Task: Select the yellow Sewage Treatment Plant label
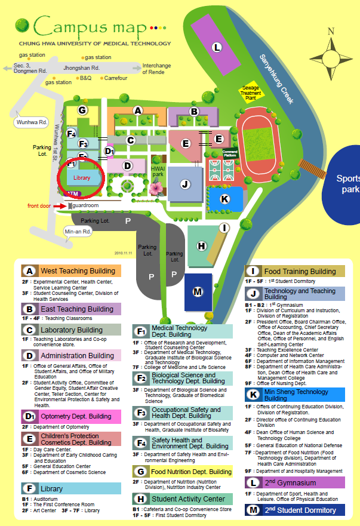(x=250, y=93)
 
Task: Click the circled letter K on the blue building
(x=225, y=199)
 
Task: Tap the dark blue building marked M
(x=199, y=291)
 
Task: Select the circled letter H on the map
(x=202, y=245)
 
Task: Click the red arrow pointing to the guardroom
(x=60, y=206)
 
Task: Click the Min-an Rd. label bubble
(x=76, y=232)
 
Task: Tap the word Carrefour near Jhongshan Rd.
(x=116, y=78)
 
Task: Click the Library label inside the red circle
(x=81, y=178)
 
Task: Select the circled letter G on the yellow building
(x=83, y=110)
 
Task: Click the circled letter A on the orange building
(x=138, y=110)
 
